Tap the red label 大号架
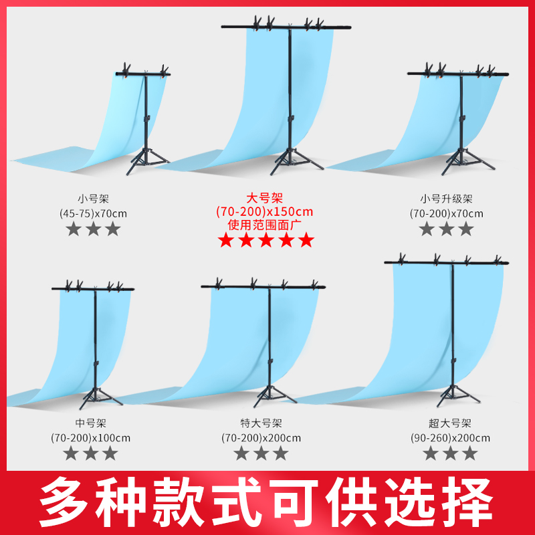(x=265, y=199)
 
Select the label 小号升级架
(x=446, y=199)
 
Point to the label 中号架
(x=92, y=423)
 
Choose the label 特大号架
(x=261, y=423)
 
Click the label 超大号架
(x=450, y=423)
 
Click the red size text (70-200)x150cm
(x=265, y=212)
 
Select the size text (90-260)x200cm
(x=450, y=438)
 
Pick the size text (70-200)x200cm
(x=261, y=438)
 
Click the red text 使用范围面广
(x=265, y=225)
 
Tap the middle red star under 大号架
(x=265, y=241)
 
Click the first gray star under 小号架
(x=73, y=229)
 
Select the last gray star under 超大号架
(x=470, y=453)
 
